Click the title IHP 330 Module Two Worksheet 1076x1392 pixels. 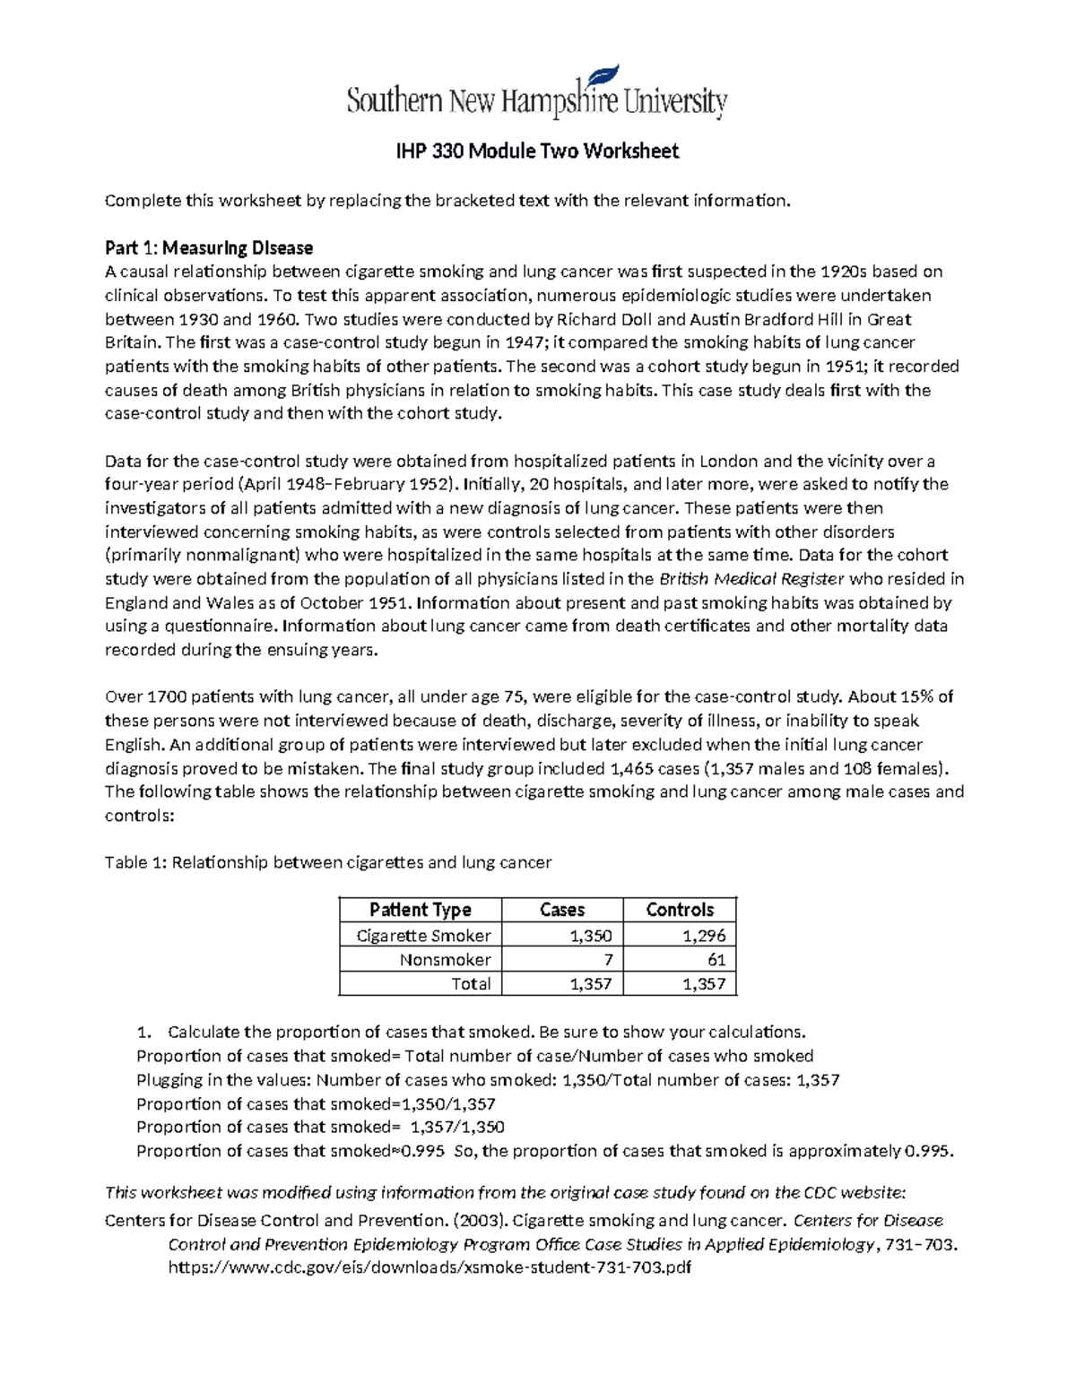pos(537,151)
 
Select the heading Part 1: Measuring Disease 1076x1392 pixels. pos(209,247)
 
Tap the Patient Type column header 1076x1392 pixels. pos(420,910)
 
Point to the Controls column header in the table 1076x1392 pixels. pos(680,910)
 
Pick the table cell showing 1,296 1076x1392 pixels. pos(703,936)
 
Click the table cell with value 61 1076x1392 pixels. pos(716,960)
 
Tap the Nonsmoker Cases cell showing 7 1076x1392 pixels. pos(607,960)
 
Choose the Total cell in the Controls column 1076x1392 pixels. pos(703,984)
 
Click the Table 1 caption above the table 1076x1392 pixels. pos(328,862)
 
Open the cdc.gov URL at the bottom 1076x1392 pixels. pos(430,1267)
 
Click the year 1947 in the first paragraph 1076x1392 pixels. pos(523,342)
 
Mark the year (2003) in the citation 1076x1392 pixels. pos(479,1220)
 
